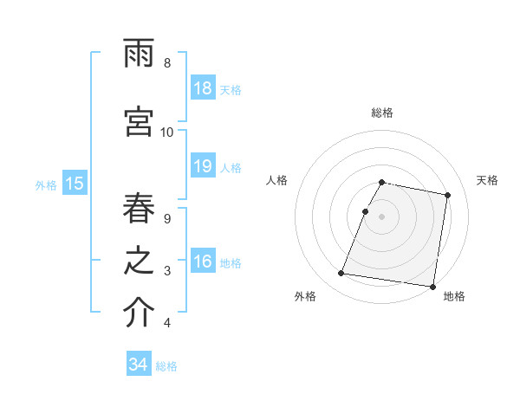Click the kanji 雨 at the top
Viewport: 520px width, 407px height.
click(x=139, y=55)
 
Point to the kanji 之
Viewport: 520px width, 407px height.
click(x=139, y=263)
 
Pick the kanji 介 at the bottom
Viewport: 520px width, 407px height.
click(x=139, y=314)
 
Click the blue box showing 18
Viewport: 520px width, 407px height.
click(x=202, y=88)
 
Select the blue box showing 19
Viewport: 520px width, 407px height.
click(x=202, y=167)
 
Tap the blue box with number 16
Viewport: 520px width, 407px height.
click(x=202, y=262)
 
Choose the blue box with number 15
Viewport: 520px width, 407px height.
click(x=74, y=184)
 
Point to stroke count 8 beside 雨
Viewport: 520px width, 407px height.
click(x=166, y=63)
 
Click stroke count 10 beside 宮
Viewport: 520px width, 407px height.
click(x=166, y=132)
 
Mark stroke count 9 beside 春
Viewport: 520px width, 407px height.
click(x=166, y=219)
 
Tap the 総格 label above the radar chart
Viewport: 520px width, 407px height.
click(x=382, y=113)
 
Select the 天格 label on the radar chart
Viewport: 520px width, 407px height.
click(x=487, y=180)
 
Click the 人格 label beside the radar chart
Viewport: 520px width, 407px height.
click(x=276, y=180)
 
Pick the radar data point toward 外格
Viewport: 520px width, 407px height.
click(x=341, y=274)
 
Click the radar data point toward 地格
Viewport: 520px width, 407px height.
click(x=432, y=286)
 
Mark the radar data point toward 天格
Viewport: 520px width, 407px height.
click(x=447, y=196)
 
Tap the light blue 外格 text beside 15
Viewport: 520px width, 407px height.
click(x=46, y=184)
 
